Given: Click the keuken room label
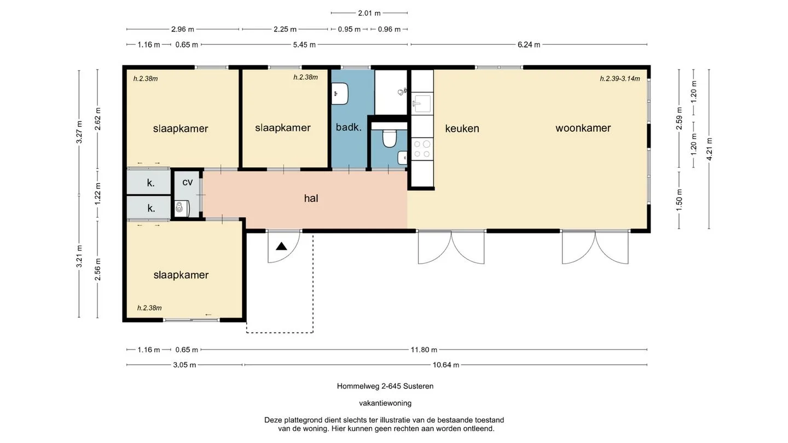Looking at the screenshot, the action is pos(462,129).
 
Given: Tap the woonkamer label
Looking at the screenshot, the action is pos(583,128).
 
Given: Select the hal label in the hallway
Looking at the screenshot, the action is pos(311,199).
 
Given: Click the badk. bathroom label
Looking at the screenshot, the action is pos(349,127).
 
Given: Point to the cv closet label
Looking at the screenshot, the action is pos(188,182).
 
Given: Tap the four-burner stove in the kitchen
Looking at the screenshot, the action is pos(422,149).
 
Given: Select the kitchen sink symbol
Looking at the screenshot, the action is pos(422,103).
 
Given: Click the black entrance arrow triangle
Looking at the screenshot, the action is pos(281,247).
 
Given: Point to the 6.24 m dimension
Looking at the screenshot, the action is pos(529,45).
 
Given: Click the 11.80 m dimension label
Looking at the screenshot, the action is pos(424,350).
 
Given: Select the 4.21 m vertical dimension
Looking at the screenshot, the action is pos(709,149).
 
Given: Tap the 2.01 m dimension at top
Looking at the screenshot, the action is pos(369,13).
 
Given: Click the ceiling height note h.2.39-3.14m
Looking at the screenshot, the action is pos(620,79).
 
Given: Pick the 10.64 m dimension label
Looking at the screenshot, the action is pos(445,365).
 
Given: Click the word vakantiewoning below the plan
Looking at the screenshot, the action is pos(385,403).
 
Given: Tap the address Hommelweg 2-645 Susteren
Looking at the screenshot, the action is pos(385,386).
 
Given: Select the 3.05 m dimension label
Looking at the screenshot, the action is pos(184,365).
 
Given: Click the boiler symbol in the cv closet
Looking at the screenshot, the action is pos(182,208).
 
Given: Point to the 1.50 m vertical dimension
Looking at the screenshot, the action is pos(679,200).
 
